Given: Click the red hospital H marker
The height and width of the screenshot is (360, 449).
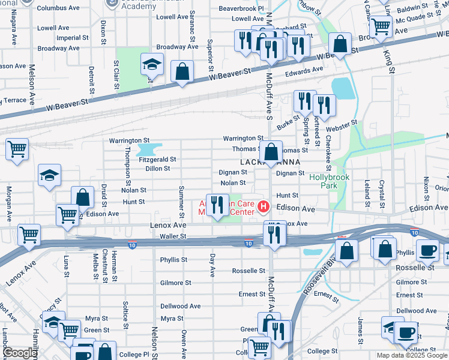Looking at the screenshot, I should pyautogui.click(x=262, y=208).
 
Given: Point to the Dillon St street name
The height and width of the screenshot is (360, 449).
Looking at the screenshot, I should pyautogui.click(x=158, y=169).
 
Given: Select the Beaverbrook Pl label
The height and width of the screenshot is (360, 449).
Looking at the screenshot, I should pyautogui.click(x=241, y=9).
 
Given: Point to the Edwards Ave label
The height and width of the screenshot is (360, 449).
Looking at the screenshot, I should pyautogui.click(x=304, y=72).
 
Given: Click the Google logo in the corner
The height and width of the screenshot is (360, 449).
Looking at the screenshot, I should pyautogui.click(x=19, y=353).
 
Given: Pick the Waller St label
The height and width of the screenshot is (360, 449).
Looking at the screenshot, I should pyautogui.click(x=173, y=237).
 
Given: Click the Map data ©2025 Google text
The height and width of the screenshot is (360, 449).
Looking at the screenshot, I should pyautogui.click(x=411, y=355).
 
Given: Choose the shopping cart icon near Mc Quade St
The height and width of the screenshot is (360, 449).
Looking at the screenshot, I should pyautogui.click(x=381, y=26).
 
